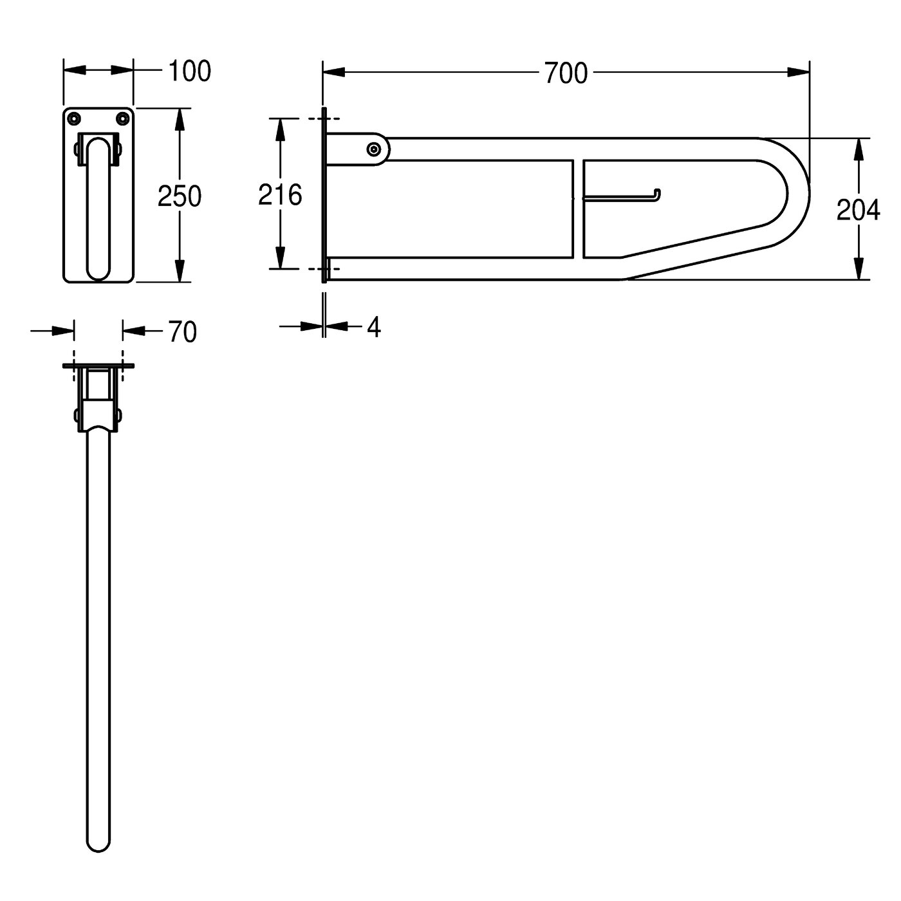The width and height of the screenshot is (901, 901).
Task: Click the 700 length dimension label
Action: [x=566, y=74]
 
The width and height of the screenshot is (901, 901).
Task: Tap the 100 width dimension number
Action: [x=189, y=71]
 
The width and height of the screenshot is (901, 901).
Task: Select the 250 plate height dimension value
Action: [x=180, y=196]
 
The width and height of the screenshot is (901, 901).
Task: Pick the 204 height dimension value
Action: [x=858, y=210]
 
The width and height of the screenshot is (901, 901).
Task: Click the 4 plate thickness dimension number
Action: [x=374, y=328]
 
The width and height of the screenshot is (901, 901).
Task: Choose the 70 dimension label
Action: [x=182, y=332]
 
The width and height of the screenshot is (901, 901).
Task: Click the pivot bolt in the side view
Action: [x=373, y=149]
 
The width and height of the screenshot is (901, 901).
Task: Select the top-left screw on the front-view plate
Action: [x=73, y=118]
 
